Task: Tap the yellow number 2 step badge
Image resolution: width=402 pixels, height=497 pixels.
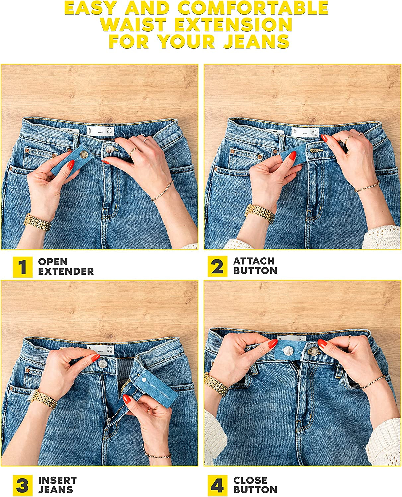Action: coord(218,266)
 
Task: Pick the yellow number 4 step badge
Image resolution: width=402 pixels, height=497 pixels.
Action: coord(218,486)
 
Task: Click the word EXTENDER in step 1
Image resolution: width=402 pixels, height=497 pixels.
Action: coord(66,271)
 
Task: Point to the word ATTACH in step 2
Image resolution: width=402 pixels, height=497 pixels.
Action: coord(254,261)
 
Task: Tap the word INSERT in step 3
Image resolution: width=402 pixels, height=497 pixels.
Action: coord(57,480)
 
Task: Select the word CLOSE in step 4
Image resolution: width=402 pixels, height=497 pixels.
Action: coord(250,480)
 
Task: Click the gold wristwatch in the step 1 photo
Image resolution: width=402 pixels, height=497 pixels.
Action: coord(37,222)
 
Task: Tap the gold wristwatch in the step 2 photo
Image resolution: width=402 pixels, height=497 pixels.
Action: coord(260,213)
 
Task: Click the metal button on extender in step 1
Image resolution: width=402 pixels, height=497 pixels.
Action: coord(84,154)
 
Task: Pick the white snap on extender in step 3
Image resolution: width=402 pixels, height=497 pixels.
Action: coord(144,378)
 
